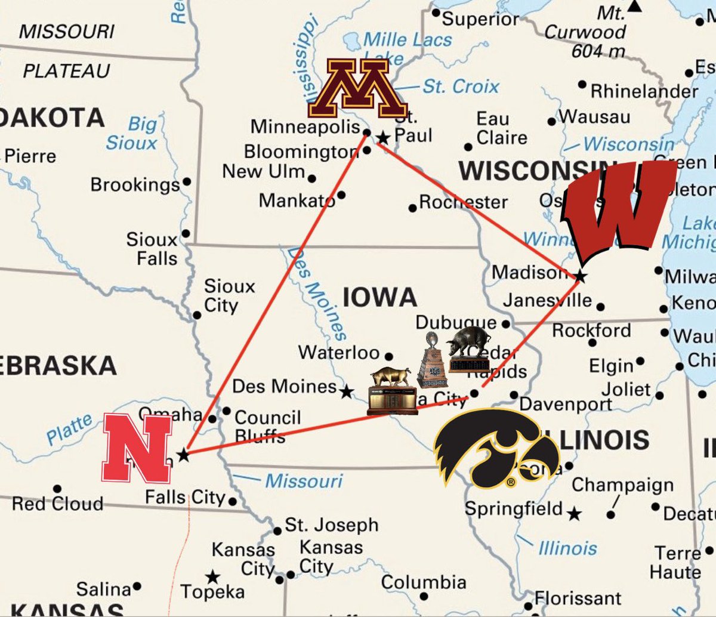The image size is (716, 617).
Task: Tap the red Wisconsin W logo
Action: point(618,209)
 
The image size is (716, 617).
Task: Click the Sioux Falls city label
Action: point(152,249)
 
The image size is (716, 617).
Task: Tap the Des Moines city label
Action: point(284,386)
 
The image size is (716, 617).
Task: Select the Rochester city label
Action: point(463,202)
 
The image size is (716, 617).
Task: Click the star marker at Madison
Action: point(580,276)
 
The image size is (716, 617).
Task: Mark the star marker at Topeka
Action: point(212,577)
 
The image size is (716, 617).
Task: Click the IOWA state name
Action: point(379,297)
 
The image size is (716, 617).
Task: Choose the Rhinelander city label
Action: point(644,91)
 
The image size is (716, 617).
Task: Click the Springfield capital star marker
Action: point(574,513)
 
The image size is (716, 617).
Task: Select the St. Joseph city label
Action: point(331,525)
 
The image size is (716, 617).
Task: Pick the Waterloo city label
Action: point(339,352)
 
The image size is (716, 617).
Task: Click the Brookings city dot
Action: point(187,182)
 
